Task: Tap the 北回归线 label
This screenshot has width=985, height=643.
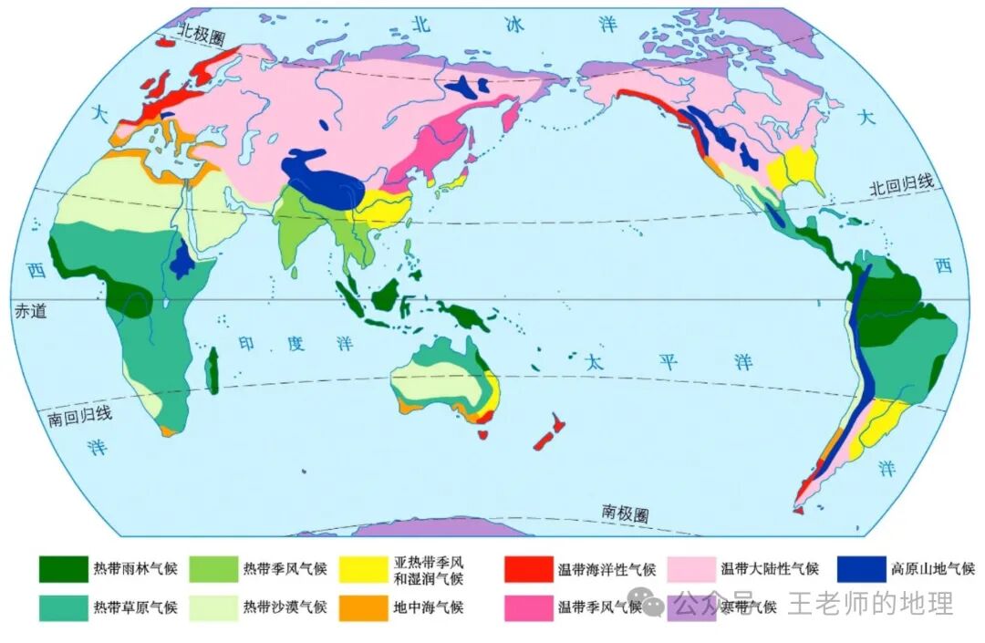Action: click(x=901, y=185)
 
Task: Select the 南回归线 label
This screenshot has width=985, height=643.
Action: click(x=80, y=416)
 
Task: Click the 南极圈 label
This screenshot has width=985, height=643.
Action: click(x=626, y=513)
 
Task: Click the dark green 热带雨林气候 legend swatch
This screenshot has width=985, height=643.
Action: click(x=63, y=569)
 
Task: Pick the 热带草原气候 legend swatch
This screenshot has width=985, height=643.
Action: click(x=63, y=607)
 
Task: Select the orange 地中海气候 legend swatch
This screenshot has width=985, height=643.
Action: click(x=363, y=607)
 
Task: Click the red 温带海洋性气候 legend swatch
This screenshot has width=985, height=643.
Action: click(x=528, y=569)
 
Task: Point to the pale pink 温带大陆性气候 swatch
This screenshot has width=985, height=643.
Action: click(x=691, y=569)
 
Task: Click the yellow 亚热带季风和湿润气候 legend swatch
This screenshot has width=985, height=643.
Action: click(x=363, y=569)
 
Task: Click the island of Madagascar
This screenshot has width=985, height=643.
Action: click(x=213, y=371)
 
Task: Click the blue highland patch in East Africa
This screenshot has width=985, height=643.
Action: click(x=182, y=261)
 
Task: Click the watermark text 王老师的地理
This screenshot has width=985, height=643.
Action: click(x=870, y=603)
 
